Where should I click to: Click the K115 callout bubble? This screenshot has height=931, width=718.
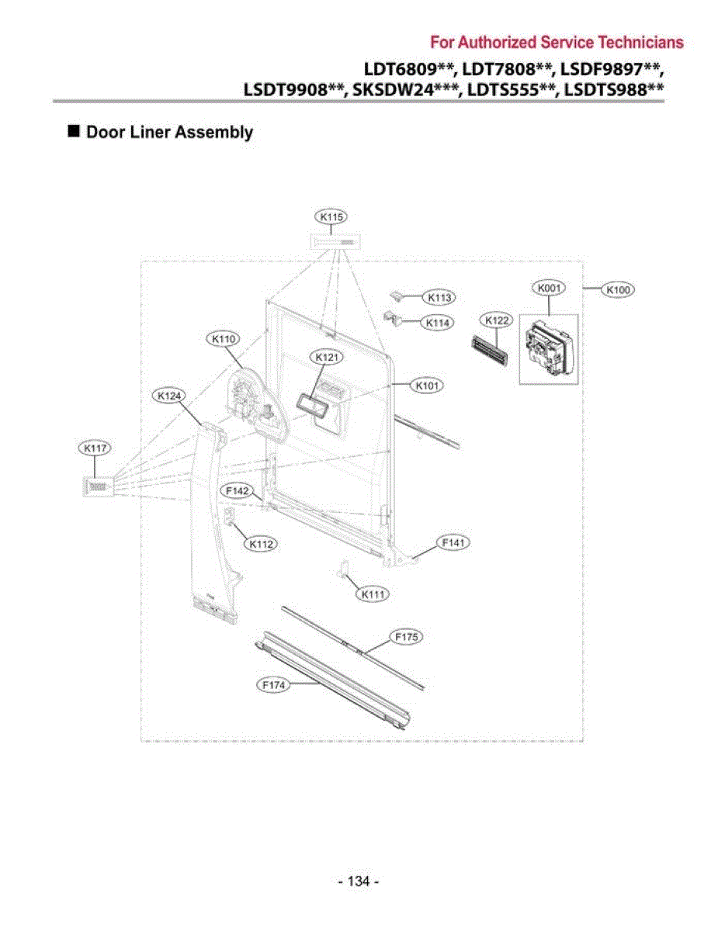click(331, 216)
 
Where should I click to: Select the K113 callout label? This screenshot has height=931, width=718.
click(439, 297)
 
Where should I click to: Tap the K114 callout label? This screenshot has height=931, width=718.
click(437, 323)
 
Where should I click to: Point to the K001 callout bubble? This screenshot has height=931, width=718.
click(549, 288)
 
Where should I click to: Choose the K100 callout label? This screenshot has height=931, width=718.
click(618, 290)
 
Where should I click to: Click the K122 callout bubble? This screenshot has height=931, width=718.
click(496, 320)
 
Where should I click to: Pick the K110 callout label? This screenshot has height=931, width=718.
click(224, 339)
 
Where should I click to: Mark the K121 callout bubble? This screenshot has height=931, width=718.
click(327, 357)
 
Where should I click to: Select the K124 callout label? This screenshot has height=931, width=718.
click(169, 396)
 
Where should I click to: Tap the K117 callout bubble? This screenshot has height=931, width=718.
click(95, 448)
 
